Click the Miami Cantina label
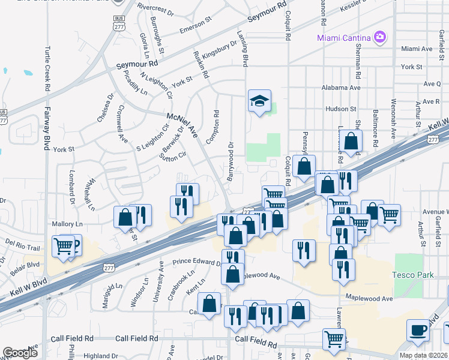click(343, 38)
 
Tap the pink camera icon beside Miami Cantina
click(379, 38)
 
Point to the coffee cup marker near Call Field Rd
click(418, 331)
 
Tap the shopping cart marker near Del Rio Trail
click(62, 245)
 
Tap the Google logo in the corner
click(20, 353)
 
